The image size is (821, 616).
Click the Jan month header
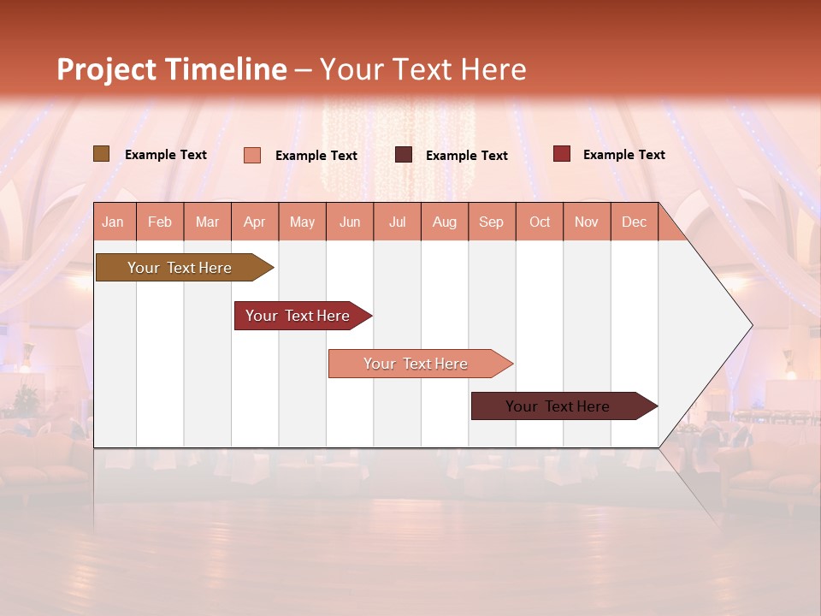tap(114, 222)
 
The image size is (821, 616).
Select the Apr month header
tap(255, 222)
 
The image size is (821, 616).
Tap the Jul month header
tap(398, 222)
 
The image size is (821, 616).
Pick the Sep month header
tap(492, 222)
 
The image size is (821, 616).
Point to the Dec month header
tap(634, 222)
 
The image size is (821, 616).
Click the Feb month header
tap(160, 222)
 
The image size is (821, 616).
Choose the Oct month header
tap(540, 222)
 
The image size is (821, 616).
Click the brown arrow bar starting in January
tap(180, 268)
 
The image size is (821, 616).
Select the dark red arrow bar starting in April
tap(298, 316)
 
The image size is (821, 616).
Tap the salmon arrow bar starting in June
tap(416, 364)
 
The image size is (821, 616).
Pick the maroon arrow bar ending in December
tap(558, 406)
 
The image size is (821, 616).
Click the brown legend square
tap(101, 154)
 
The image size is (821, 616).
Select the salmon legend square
tap(252, 155)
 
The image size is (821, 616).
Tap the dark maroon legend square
tap(404, 155)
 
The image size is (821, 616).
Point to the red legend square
tap(562, 154)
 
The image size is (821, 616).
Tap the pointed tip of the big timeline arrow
tap(749, 325)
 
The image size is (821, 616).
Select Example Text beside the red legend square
tap(624, 155)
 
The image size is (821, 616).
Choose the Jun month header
tap(350, 222)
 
